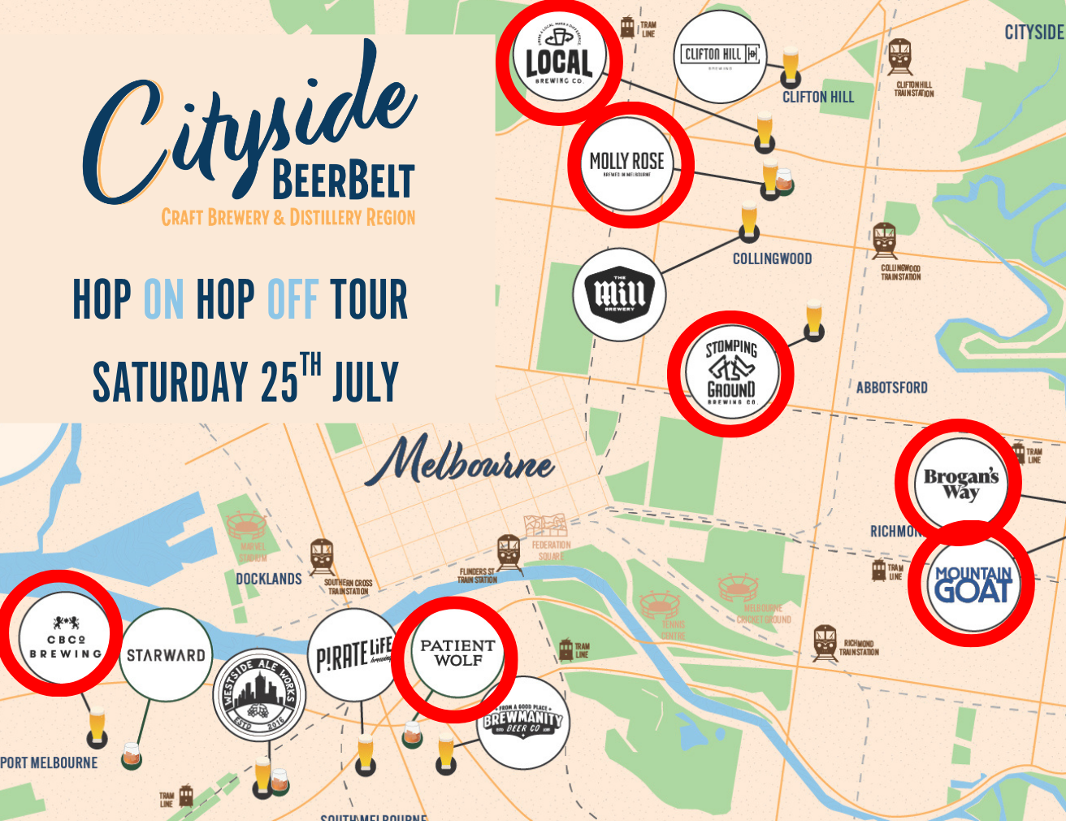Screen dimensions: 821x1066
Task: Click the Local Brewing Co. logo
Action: [559, 62]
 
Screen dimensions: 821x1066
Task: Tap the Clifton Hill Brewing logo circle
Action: [720, 56]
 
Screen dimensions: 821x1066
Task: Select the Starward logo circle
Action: [166, 654]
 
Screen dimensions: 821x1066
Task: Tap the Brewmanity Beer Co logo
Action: [522, 722]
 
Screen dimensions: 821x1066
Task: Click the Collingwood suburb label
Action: [772, 259]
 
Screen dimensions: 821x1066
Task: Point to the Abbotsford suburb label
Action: [891, 388]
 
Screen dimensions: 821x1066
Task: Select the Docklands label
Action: [268, 579]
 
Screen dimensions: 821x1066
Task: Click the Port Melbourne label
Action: [49, 763]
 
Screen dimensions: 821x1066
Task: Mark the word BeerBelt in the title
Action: [343, 180]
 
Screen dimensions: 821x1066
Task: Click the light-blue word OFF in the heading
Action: [292, 299]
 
